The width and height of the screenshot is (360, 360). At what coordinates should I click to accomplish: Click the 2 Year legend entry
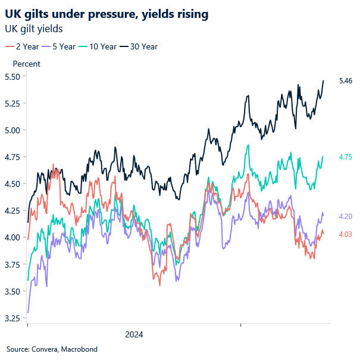tap(23, 46)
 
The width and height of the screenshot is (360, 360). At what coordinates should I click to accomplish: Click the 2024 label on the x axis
tap(134, 334)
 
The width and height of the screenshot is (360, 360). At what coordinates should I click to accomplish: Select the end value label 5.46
tap(346, 80)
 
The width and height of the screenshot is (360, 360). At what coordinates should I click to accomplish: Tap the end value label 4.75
tap(346, 157)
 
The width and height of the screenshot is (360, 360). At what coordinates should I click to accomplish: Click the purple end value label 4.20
tap(346, 217)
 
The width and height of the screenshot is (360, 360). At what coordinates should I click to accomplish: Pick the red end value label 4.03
tap(346, 234)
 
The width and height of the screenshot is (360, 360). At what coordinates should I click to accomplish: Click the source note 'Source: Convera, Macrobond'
tap(52, 349)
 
